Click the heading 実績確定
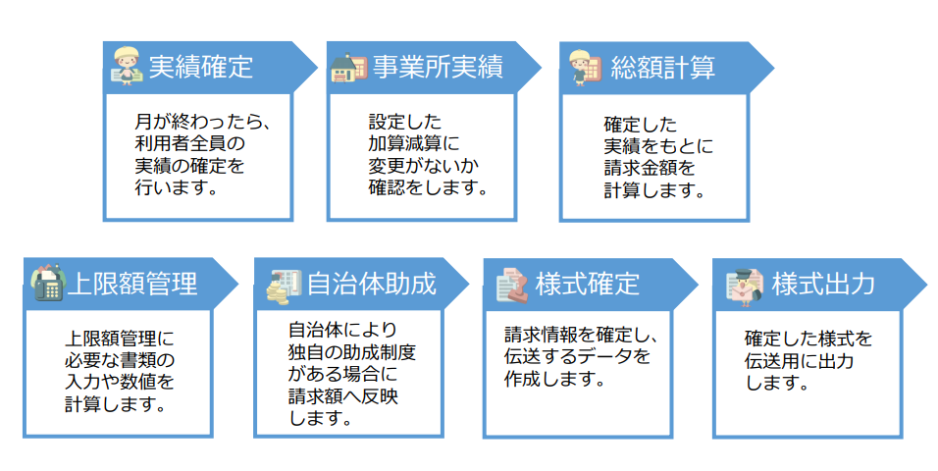200,67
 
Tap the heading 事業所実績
438,67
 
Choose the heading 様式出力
823,284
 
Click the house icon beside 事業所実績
346,68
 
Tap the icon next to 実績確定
125,67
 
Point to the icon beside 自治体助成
284,285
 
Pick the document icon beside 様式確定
510,285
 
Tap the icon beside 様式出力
745,285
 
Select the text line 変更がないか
413,164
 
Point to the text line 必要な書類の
119,358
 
